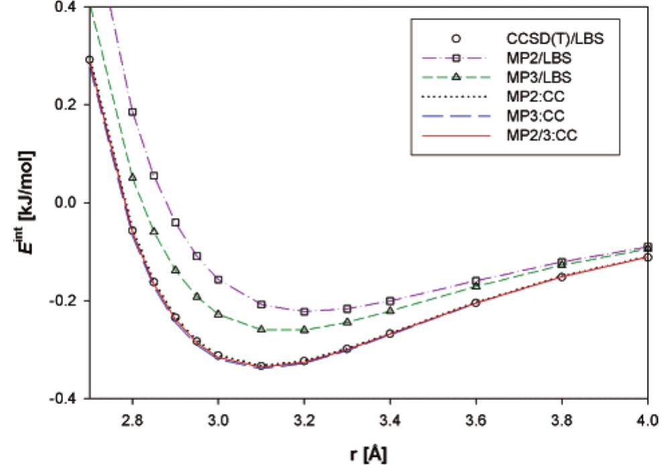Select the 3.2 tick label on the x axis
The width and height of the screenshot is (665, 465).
tap(304, 416)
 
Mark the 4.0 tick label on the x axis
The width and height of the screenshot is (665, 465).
tap(647, 416)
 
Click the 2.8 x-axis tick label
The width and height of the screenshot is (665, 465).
tap(133, 416)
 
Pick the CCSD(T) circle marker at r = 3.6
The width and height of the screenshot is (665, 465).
tap(476, 303)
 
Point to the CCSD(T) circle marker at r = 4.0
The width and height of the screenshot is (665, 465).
tap(648, 257)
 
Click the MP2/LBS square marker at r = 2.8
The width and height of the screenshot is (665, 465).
tap(133, 112)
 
